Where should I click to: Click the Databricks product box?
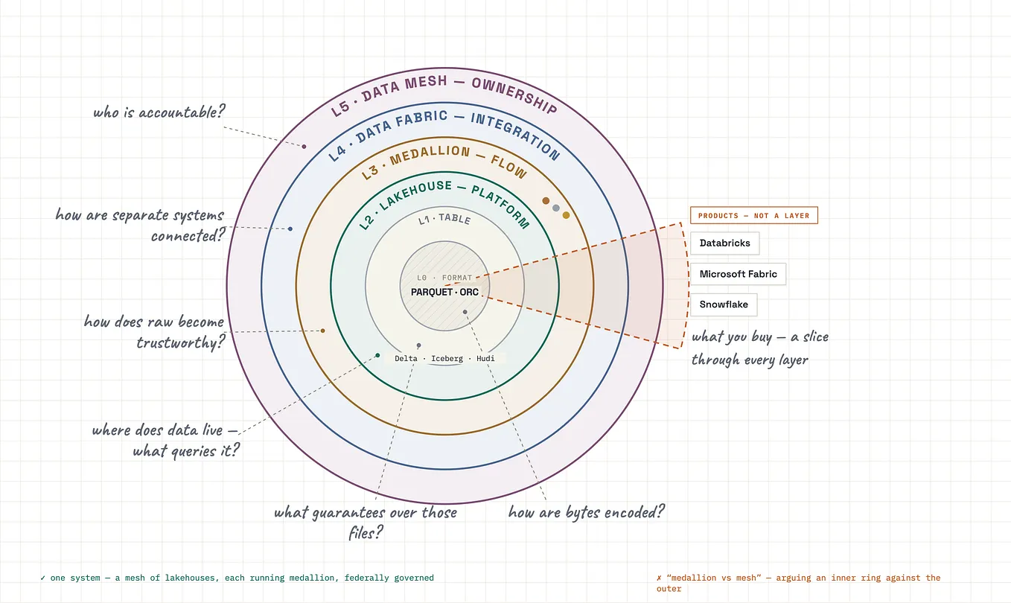tap(725, 243)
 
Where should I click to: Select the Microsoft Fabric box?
tap(738, 274)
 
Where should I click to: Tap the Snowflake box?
tap(724, 304)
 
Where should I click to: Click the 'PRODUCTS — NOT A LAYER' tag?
tap(753, 215)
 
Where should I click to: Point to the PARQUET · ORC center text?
tap(444, 293)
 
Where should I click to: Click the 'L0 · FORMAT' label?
tap(444, 278)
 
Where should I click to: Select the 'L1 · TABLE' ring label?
tap(444, 220)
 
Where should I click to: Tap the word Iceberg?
tap(447, 358)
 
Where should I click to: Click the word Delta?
tap(406, 358)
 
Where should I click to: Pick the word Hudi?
tap(485, 358)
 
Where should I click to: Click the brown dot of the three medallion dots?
tap(546, 201)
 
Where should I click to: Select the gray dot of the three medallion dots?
tap(556, 208)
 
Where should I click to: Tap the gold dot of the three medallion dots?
tap(566, 215)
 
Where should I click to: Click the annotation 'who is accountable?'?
tap(159, 112)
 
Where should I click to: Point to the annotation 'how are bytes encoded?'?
tap(587, 512)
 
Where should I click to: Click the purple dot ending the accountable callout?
tap(304, 146)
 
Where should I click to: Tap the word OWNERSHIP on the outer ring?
tap(514, 94)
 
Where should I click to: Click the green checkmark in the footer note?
tap(43, 578)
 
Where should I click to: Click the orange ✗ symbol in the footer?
tap(659, 578)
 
